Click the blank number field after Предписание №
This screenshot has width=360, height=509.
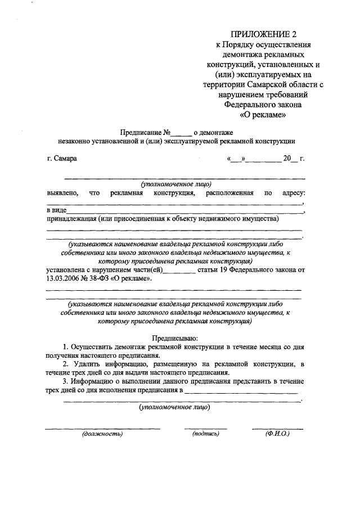pos(181,133)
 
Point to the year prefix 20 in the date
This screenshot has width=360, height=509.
pos(287,158)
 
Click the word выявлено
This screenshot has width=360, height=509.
pos(61,193)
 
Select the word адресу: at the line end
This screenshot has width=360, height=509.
pos(292,193)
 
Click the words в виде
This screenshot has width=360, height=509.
pos(56,210)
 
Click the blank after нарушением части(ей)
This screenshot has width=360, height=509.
pos(182,271)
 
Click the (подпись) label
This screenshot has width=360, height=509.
pos(205,434)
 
